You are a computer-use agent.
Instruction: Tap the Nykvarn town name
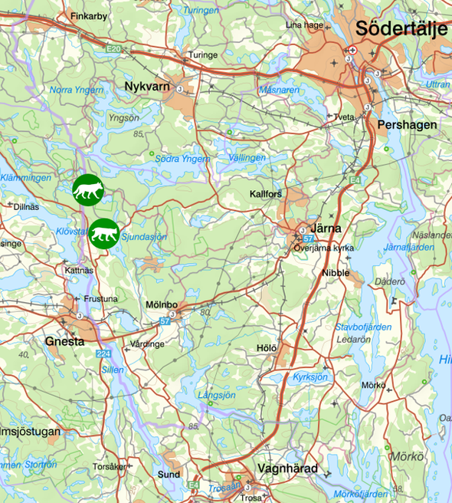coord(146,86)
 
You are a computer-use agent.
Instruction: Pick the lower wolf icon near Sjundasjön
coord(103,234)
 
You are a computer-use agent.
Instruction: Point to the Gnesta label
coord(64,341)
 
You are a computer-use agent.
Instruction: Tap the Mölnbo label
coord(162,304)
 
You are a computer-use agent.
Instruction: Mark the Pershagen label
coord(407,124)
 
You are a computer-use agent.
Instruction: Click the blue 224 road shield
coord(103,354)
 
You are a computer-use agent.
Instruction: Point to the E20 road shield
coord(114,49)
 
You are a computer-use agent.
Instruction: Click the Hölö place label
coord(267,348)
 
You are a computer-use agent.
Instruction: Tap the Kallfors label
coord(266,194)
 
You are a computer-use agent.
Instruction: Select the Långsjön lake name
coord(217,396)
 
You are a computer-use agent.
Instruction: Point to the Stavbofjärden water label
coord(364,327)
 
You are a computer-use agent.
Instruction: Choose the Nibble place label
coord(336,273)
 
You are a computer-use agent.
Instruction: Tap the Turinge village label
coord(204,55)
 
